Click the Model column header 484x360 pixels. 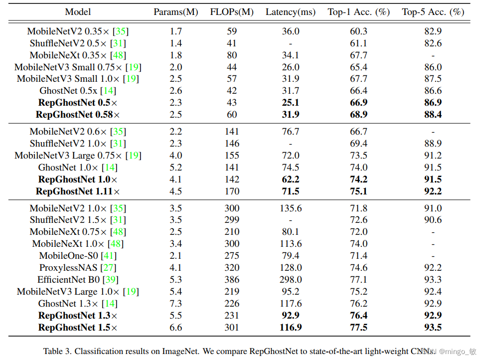[x=78, y=12]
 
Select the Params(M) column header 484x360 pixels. [x=175, y=12]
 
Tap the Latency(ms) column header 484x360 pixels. [x=291, y=12]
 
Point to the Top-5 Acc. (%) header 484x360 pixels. [x=433, y=12]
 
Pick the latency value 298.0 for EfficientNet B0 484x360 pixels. [x=291, y=280]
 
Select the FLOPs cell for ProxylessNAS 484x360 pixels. [x=232, y=268]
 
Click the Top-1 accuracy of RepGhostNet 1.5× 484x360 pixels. [x=358, y=328]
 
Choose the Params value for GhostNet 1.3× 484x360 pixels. [x=175, y=304]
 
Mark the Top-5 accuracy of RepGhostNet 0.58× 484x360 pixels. [x=433, y=115]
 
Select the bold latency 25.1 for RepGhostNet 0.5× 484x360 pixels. [x=291, y=103]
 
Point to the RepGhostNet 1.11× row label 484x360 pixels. [x=78, y=191]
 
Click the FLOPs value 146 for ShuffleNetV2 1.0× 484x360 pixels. [x=232, y=144]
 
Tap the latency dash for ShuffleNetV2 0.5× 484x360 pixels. [x=291, y=43]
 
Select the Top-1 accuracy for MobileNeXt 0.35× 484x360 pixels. [x=358, y=55]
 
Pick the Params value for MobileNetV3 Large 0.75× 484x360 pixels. [x=175, y=156]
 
